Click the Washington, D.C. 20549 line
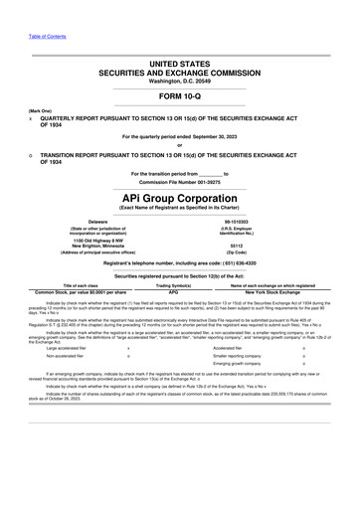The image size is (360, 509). tap(180, 79)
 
